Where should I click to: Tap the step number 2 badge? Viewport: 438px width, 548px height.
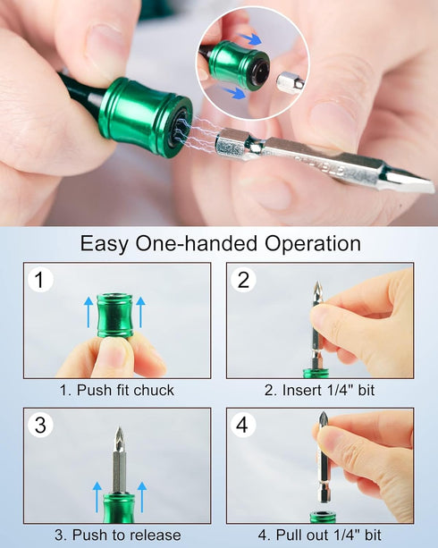[x=243, y=280]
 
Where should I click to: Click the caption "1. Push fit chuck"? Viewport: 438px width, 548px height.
[x=116, y=390]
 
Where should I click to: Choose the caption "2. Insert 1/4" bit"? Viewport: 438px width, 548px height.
[x=319, y=390]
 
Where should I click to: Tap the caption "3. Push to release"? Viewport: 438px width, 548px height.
[x=116, y=535]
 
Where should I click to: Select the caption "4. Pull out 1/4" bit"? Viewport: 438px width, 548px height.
[x=319, y=535]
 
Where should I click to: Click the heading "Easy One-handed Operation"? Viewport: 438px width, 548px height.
[x=220, y=243]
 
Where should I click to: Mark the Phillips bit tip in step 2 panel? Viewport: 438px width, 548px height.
[x=316, y=291]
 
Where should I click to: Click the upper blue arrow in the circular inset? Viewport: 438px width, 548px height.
[x=253, y=39]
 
